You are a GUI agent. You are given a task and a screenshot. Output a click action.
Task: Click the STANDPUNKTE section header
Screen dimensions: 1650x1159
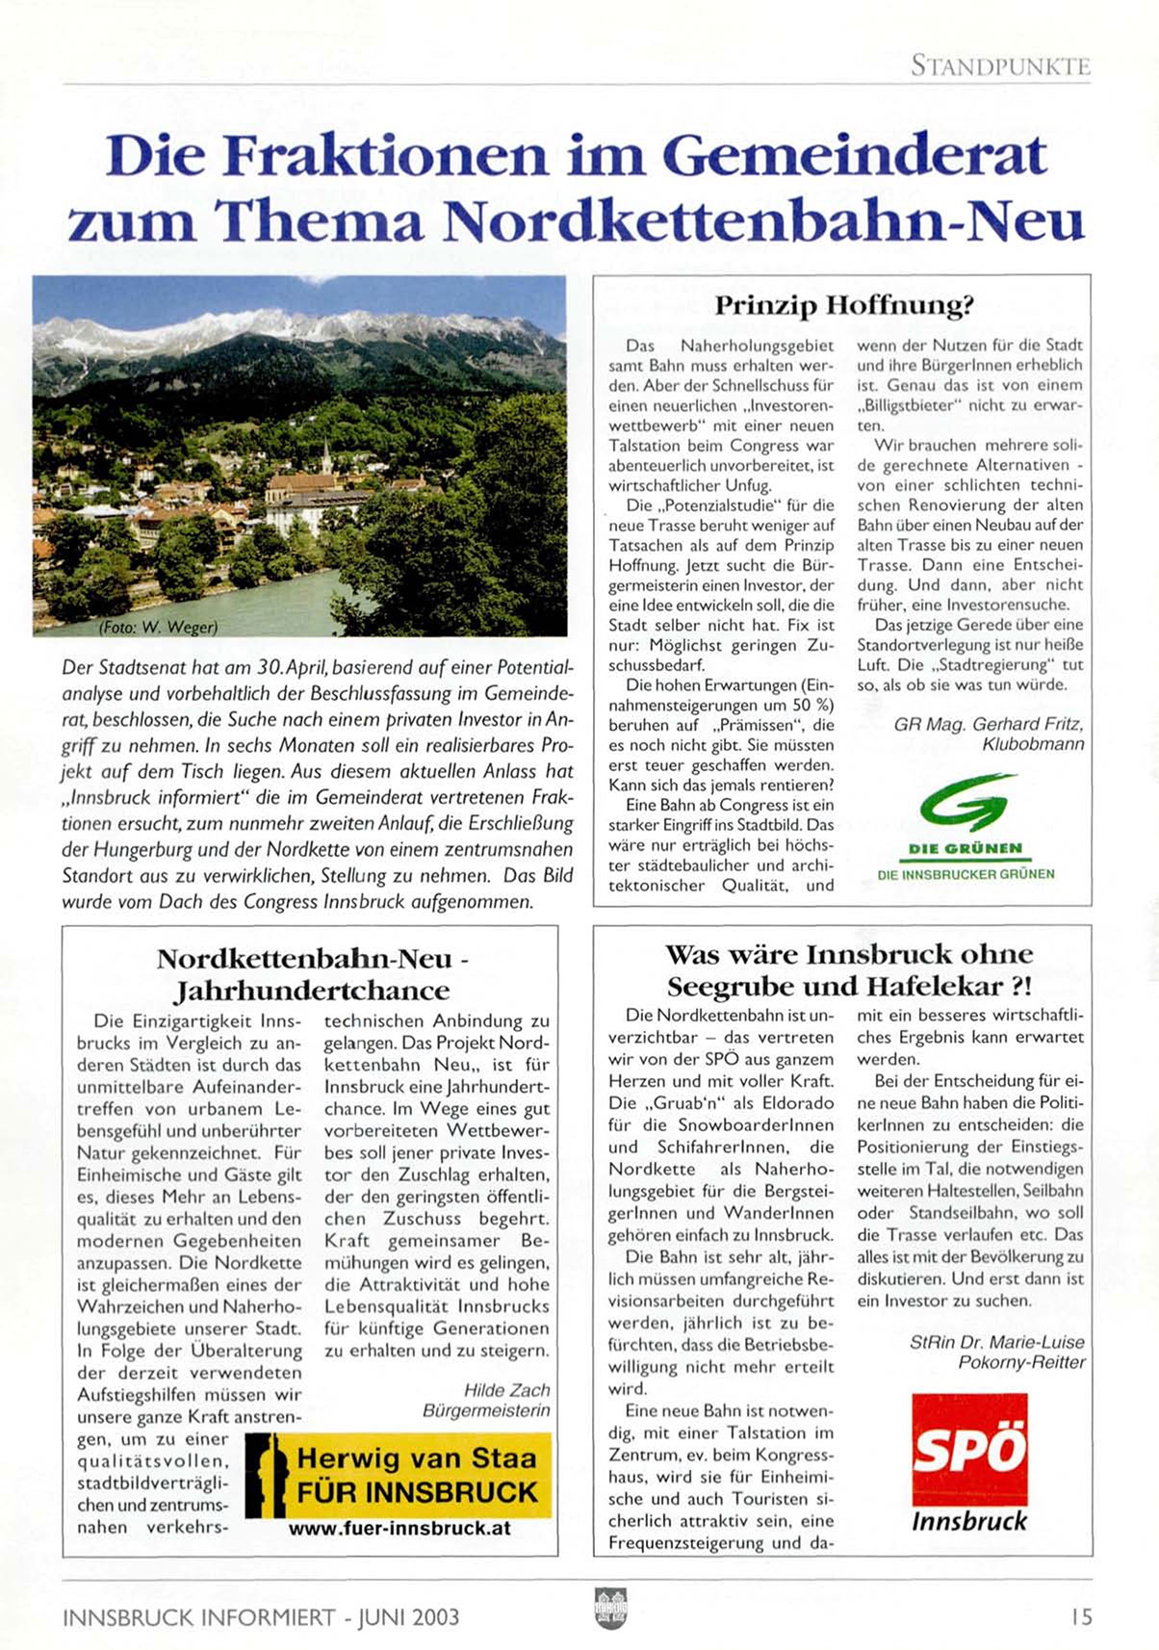pyautogui.click(x=1000, y=66)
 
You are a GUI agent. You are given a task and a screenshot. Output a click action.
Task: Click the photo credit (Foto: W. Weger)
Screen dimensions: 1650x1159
pyautogui.click(x=159, y=627)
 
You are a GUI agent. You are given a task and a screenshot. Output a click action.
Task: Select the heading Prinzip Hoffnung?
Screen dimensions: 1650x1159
pyautogui.click(x=843, y=306)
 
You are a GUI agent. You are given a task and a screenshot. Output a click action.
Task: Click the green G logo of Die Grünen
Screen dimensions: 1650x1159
pyautogui.click(x=966, y=801)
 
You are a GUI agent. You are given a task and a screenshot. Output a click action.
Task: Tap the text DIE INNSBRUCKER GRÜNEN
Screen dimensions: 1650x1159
pyautogui.click(x=966, y=874)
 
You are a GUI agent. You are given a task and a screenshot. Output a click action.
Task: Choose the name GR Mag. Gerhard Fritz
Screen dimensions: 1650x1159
pyautogui.click(x=988, y=724)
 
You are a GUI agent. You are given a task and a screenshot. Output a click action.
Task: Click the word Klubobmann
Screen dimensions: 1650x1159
pyautogui.click(x=1033, y=744)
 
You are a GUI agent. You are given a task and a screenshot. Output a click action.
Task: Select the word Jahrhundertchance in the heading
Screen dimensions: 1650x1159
pyautogui.click(x=312, y=991)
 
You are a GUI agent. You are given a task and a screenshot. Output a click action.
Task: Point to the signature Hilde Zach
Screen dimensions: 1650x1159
pyautogui.click(x=506, y=1390)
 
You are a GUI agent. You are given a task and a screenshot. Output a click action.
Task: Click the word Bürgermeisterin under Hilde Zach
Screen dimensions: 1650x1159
pyautogui.click(x=486, y=1410)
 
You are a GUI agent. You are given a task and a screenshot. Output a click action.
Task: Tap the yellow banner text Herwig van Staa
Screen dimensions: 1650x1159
pyautogui.click(x=416, y=1457)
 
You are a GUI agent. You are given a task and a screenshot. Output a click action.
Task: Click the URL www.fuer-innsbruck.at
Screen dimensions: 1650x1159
pyautogui.click(x=399, y=1528)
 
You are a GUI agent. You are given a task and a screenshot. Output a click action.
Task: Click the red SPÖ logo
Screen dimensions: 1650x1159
pyautogui.click(x=969, y=1449)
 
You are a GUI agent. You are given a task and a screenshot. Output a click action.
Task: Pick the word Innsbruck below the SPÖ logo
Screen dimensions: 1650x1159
pyautogui.click(x=968, y=1521)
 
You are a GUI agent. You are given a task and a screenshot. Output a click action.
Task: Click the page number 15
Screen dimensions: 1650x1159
pyautogui.click(x=1081, y=1616)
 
